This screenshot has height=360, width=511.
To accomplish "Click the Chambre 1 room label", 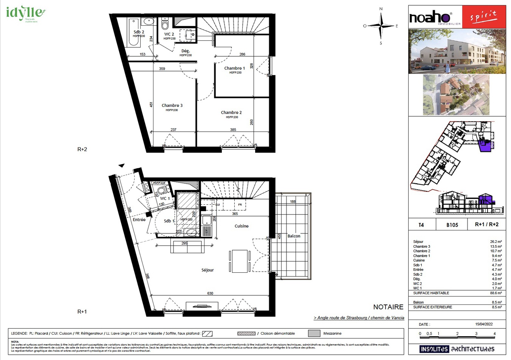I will pyautogui.click(x=234, y=68).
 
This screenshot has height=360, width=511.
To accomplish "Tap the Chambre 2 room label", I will pyautogui.click(x=231, y=113).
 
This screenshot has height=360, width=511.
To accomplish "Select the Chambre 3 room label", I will pyautogui.click(x=172, y=105).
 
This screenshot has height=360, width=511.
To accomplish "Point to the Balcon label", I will pyautogui.click(x=294, y=236).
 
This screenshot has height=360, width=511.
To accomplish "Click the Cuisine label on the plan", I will pyautogui.click(x=242, y=226).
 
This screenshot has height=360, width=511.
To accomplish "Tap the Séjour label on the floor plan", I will pyautogui.click(x=207, y=270).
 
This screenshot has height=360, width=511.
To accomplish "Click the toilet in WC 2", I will pyautogui.click(x=165, y=25).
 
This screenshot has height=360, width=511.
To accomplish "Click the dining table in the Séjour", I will pyautogui.click(x=240, y=261).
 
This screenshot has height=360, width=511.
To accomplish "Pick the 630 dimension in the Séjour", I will pyautogui.click(x=210, y=293).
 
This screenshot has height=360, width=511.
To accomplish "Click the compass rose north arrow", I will pyautogui.click(x=381, y=15).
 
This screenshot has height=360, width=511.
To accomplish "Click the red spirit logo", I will pyautogui.click(x=483, y=17).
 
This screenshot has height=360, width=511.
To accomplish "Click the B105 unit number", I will pyautogui.click(x=452, y=225).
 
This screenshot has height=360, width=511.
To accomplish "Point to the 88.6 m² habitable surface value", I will pyautogui.click(x=496, y=293).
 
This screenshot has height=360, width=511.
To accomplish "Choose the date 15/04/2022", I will pyautogui.click(x=484, y=324).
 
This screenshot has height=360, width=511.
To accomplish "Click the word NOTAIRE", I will pyautogui.click(x=388, y=307).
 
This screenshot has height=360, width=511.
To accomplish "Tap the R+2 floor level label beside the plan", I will pyautogui.click(x=82, y=149).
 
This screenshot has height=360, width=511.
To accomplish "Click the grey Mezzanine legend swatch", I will pyautogui.click(x=314, y=333).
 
